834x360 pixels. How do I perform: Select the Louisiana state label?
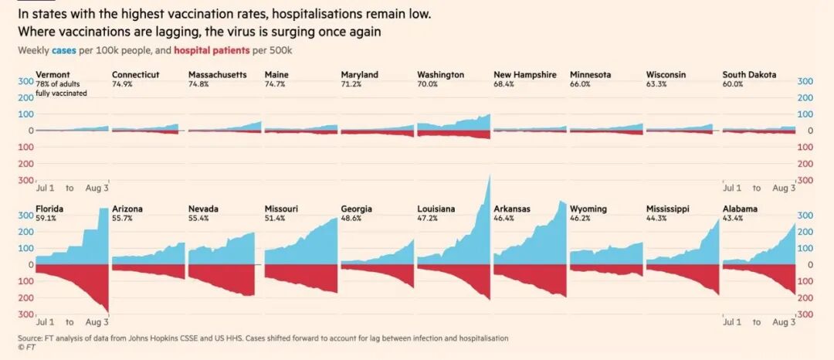[436, 209]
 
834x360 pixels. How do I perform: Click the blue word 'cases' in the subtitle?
[63, 50]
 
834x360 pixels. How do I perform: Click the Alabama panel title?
[740, 209]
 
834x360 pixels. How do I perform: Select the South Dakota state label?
[749, 75]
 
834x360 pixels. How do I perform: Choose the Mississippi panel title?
[668, 209]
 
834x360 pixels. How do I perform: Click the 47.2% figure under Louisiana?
[427, 218]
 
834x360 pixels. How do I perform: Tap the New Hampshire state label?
[525, 75]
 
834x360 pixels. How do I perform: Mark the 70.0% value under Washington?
[427, 83]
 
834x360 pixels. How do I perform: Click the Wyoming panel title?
[588, 209]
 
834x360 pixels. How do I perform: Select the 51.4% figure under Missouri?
[275, 218]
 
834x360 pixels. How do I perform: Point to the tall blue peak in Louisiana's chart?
[488, 179]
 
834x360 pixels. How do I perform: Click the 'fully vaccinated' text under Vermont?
[61, 93]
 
